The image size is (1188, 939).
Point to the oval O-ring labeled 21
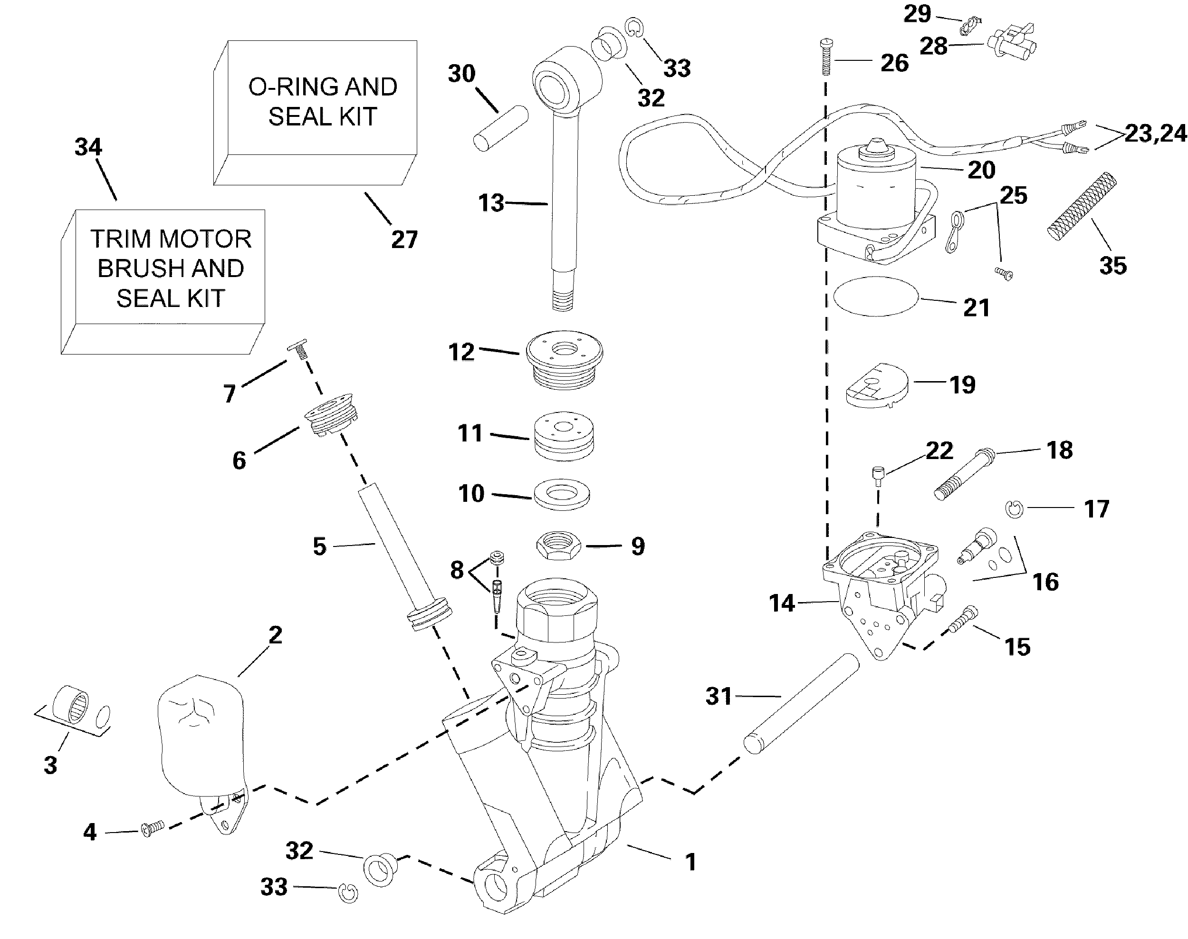[876, 297]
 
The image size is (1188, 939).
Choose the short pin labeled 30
[500, 129]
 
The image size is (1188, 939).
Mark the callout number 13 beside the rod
[491, 203]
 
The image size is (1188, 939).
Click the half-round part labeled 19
[876, 385]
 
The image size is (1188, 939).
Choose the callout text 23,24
[1156, 134]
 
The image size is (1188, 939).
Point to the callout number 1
[691, 862]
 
